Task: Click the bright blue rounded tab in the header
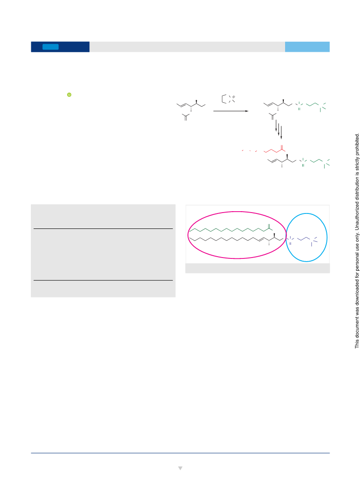click(x=50, y=47)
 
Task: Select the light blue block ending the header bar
click(x=307, y=47)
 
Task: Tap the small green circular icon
click(x=69, y=95)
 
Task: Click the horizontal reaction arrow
click(x=231, y=111)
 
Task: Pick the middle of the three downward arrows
click(x=278, y=129)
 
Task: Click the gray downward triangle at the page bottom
click(x=180, y=468)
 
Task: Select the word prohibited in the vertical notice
click(x=357, y=144)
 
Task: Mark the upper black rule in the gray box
click(x=103, y=228)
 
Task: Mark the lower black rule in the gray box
click(x=103, y=280)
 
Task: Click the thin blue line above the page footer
click(x=180, y=453)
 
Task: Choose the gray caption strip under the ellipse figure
click(x=257, y=268)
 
